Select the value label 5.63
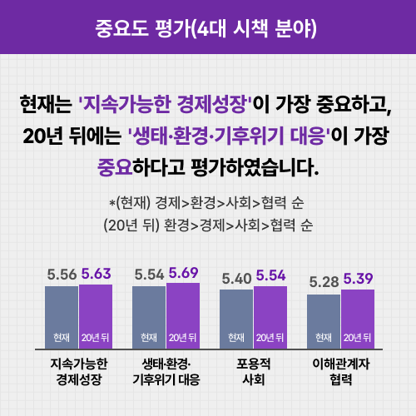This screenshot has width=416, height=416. coord(97,273)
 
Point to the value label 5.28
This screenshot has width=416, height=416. coord(324,282)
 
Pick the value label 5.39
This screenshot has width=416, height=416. coord(359,278)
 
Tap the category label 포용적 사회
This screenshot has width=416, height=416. coord(253,371)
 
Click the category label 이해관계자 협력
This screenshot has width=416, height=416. coord(340,371)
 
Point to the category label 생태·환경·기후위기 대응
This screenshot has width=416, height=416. coord(166,371)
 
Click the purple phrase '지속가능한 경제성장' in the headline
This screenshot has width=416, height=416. coord(165,105)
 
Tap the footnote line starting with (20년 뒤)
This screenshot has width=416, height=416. coord(207,225)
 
